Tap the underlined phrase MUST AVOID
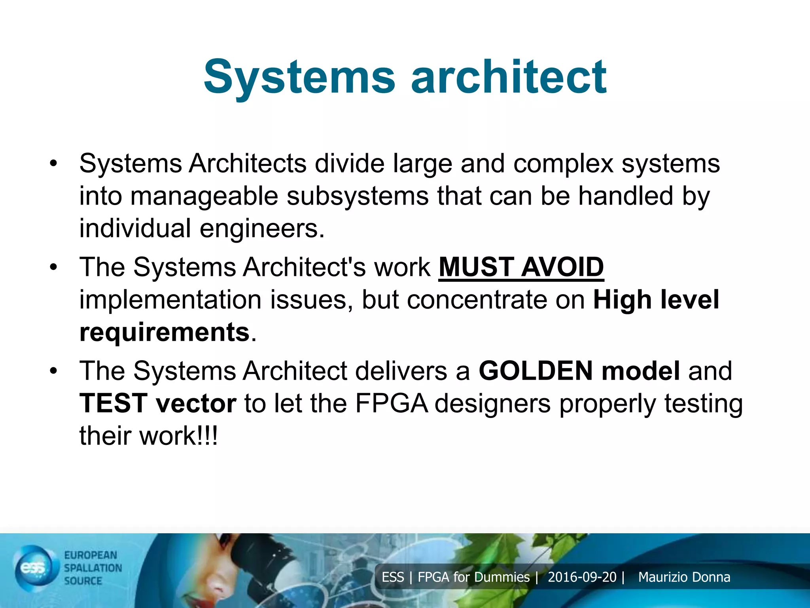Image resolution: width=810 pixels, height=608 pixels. tap(521, 267)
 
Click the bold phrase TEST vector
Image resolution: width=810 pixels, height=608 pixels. tap(158, 403)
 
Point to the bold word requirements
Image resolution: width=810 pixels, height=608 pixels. tap(164, 332)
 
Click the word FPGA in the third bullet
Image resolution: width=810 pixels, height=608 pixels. tap(392, 403)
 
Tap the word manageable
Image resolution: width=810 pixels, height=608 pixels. tap(204, 196)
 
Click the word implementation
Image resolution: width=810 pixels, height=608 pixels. tap(170, 300)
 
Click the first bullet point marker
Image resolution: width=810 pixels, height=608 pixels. tap(53, 163)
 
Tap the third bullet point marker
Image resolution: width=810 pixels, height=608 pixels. tap(53, 371)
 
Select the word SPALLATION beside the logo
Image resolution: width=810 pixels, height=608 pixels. tap(93, 568)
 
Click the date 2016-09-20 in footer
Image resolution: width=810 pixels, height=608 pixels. tap(582, 577)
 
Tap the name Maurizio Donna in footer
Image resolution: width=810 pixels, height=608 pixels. tap(684, 577)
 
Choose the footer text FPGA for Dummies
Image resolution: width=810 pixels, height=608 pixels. tap(473, 577)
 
